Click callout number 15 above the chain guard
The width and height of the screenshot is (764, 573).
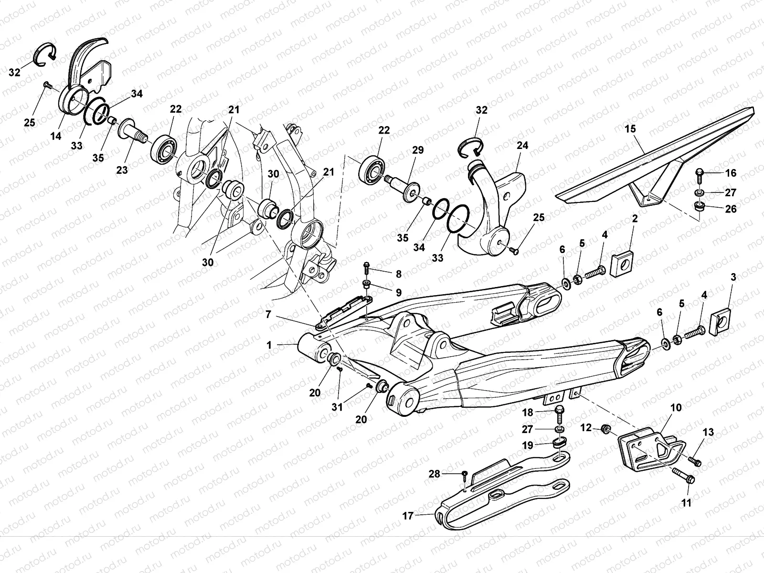pos(630,129)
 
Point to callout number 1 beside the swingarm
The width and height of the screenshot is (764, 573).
pos(269,345)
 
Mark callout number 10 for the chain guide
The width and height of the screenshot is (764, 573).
pos(676,408)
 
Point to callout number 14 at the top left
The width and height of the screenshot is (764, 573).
pos(56,136)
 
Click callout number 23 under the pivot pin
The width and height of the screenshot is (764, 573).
pos(122,169)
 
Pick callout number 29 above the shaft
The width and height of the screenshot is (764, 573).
pos(418,150)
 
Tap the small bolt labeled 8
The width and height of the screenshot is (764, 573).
pos(367,265)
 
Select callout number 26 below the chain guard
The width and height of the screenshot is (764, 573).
pos(731,209)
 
